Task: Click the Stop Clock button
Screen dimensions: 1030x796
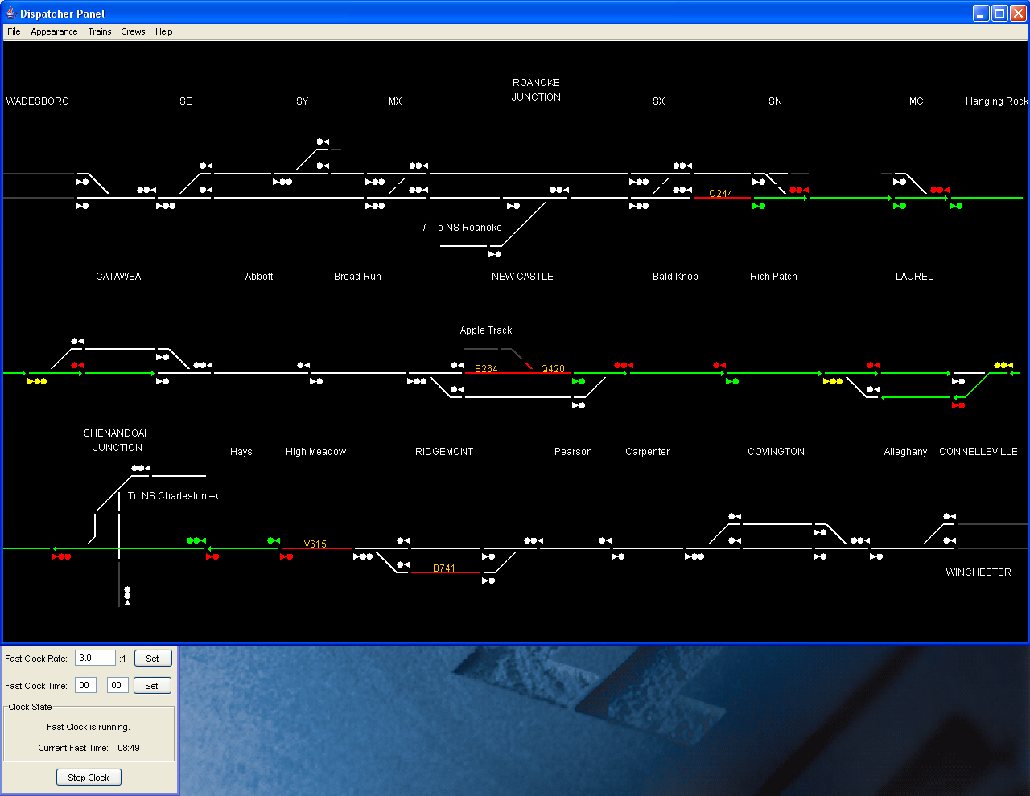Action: click(89, 778)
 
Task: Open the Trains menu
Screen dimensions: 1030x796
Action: click(100, 31)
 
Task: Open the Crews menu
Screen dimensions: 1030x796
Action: click(133, 31)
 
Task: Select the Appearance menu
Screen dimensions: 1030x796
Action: click(54, 31)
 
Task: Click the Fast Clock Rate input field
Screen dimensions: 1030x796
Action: click(95, 659)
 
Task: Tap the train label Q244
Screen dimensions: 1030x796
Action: click(720, 193)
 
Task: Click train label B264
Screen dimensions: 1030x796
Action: click(486, 368)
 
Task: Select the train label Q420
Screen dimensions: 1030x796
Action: click(553, 368)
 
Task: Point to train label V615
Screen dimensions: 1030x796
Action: click(315, 544)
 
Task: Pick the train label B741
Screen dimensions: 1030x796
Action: click(444, 568)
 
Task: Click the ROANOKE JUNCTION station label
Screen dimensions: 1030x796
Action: click(536, 89)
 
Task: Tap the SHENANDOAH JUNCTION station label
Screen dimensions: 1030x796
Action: click(117, 441)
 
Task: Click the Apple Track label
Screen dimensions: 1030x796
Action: click(486, 330)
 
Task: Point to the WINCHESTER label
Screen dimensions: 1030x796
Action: click(978, 572)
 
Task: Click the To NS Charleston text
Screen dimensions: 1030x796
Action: click(172, 496)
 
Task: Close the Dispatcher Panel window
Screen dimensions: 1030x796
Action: click(1018, 13)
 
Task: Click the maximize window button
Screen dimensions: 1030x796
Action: click(999, 13)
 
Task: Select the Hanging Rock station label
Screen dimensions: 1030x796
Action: click(997, 101)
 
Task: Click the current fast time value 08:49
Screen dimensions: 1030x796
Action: click(129, 748)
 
